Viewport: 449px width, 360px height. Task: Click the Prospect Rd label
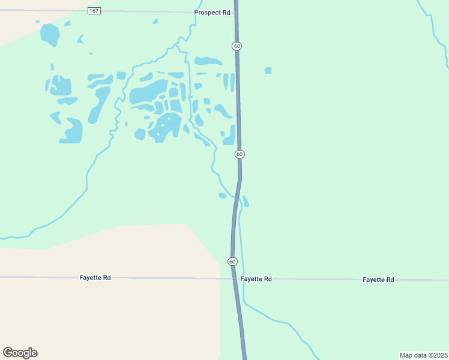(212, 12)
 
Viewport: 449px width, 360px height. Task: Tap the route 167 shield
(94, 11)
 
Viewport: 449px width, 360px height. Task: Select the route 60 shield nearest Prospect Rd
(238, 46)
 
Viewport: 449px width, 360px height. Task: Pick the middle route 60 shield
(240, 154)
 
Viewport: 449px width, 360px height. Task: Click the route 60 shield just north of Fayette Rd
(232, 261)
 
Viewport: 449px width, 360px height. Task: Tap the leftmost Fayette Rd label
(95, 278)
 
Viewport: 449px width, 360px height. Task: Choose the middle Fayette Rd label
(256, 279)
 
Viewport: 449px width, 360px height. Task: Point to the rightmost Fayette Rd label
(378, 280)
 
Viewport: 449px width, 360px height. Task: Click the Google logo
(20, 353)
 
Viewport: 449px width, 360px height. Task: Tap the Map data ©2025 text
(423, 355)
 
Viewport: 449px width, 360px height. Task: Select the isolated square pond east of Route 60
(268, 71)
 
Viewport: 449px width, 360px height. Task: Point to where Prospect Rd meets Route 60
(236, 11)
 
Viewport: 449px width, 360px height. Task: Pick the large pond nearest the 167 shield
(50, 35)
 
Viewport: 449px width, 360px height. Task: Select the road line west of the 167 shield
(42, 10)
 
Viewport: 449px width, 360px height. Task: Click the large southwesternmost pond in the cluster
(71, 130)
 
